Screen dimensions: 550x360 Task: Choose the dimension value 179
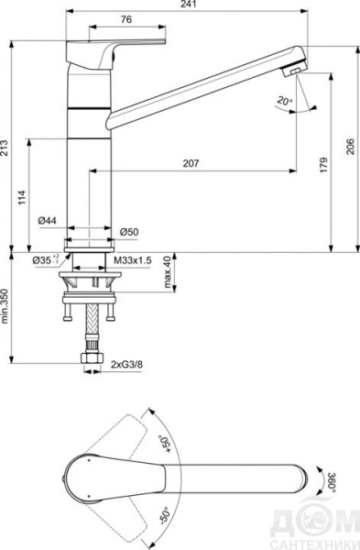coord(323,165)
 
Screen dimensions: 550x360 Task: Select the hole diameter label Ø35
coord(44,260)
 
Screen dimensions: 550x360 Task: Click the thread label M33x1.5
coord(133,260)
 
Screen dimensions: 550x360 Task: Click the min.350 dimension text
coord(6,307)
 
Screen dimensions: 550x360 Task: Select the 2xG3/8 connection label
coord(128,364)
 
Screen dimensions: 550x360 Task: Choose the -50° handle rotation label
coord(166,516)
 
